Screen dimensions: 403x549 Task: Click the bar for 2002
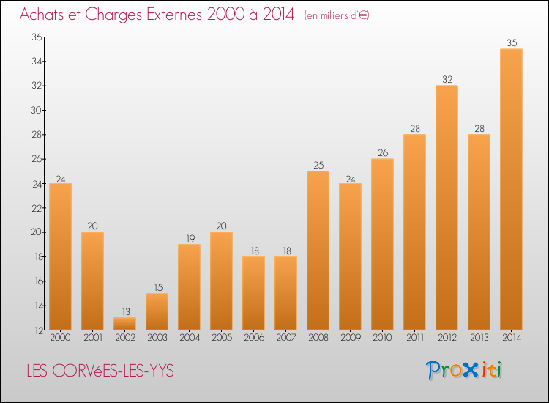pyautogui.click(x=124, y=323)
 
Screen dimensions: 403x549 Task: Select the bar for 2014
pyautogui.click(x=511, y=189)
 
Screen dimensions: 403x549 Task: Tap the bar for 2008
pyautogui.click(x=318, y=250)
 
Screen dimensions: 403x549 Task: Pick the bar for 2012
pyautogui.click(x=447, y=207)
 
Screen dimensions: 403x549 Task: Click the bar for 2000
pyautogui.click(x=60, y=256)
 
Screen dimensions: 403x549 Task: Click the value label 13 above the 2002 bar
pyautogui.click(x=124, y=311)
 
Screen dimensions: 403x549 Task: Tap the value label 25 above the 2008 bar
pyautogui.click(x=318, y=166)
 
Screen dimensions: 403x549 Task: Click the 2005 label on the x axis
pyautogui.click(x=221, y=338)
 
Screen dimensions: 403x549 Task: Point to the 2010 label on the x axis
pyautogui.click(x=382, y=338)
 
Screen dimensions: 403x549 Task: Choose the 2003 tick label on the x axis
pyautogui.click(x=157, y=338)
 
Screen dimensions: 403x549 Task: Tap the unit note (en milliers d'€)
pyautogui.click(x=337, y=15)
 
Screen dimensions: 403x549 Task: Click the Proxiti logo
pyautogui.click(x=465, y=370)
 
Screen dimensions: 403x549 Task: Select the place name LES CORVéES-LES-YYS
pyautogui.click(x=100, y=371)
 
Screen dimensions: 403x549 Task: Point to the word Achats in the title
pyautogui.click(x=44, y=15)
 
